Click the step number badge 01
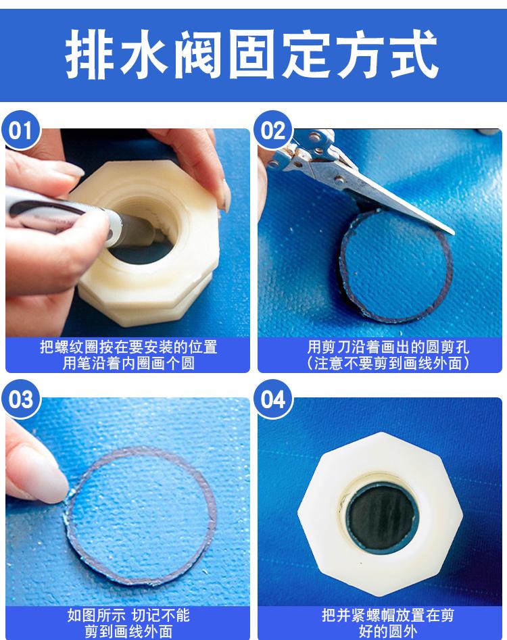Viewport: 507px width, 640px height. (20, 130)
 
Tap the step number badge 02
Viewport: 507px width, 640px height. (272, 130)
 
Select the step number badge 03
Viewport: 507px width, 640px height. (20, 399)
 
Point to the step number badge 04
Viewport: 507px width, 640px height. (272, 399)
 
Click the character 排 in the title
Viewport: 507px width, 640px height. (90, 54)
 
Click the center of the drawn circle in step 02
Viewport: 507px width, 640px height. (396, 266)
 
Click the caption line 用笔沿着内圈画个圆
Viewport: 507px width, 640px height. (128, 363)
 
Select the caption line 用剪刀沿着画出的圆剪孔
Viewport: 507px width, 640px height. (388, 347)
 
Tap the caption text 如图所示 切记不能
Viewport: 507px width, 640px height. (128, 615)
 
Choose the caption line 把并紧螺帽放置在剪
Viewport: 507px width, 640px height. (388, 615)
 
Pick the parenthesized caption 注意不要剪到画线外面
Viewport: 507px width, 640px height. (388, 363)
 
